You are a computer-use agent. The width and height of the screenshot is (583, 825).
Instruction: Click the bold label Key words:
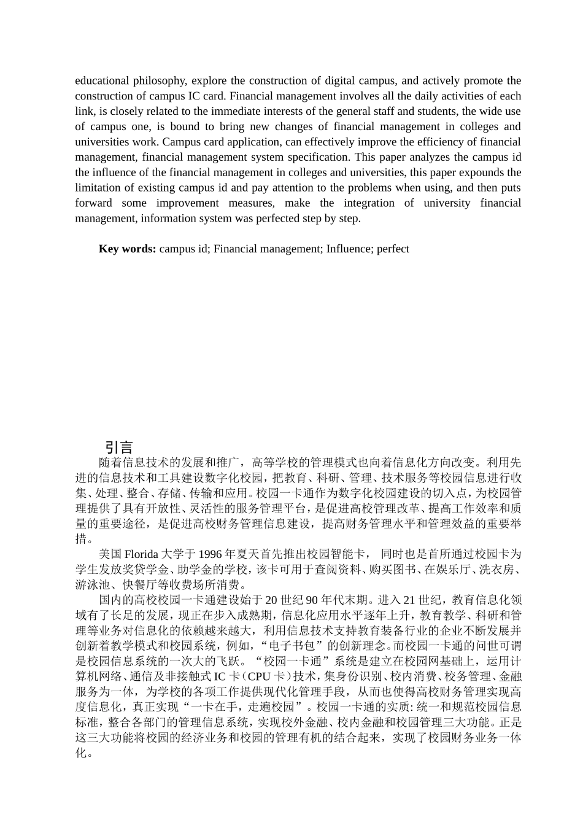tap(127, 249)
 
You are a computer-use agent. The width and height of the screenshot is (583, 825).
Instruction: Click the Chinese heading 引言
tap(119, 447)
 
